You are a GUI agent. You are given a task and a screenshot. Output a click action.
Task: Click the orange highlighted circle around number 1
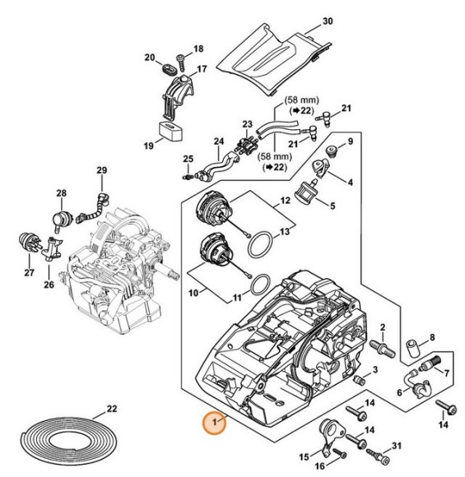coord(215,423)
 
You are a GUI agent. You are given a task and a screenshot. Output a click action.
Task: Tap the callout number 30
coord(328,21)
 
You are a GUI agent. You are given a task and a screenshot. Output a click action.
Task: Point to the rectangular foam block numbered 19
coord(170,131)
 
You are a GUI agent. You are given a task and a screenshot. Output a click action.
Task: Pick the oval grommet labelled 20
coord(168,69)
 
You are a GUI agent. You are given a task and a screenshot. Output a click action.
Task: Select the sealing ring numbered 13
coord(259,245)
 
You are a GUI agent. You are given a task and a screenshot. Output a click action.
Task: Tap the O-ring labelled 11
coord(260,285)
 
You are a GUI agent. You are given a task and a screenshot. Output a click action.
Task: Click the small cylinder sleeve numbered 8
coord(414,350)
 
